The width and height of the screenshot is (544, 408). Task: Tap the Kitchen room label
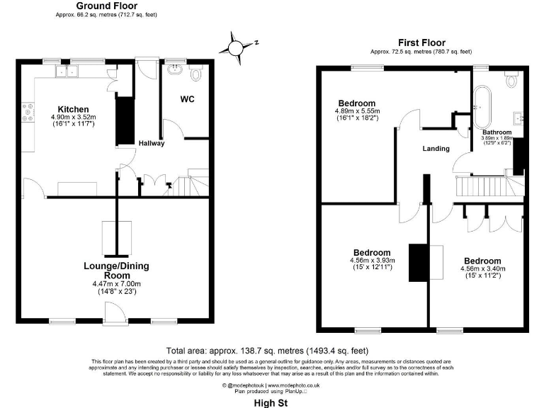(x=72, y=109)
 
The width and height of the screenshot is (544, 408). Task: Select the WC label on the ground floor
(x=187, y=98)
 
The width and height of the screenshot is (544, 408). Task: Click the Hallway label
(x=151, y=143)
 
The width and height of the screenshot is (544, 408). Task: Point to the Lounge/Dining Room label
(x=117, y=271)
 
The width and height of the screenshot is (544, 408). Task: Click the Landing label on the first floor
(x=436, y=149)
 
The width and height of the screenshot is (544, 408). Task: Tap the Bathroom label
(x=497, y=132)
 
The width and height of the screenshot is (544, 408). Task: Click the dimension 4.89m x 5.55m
(x=357, y=111)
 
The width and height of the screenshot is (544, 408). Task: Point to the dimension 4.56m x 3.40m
(x=483, y=268)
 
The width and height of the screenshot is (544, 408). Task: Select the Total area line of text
(x=267, y=351)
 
